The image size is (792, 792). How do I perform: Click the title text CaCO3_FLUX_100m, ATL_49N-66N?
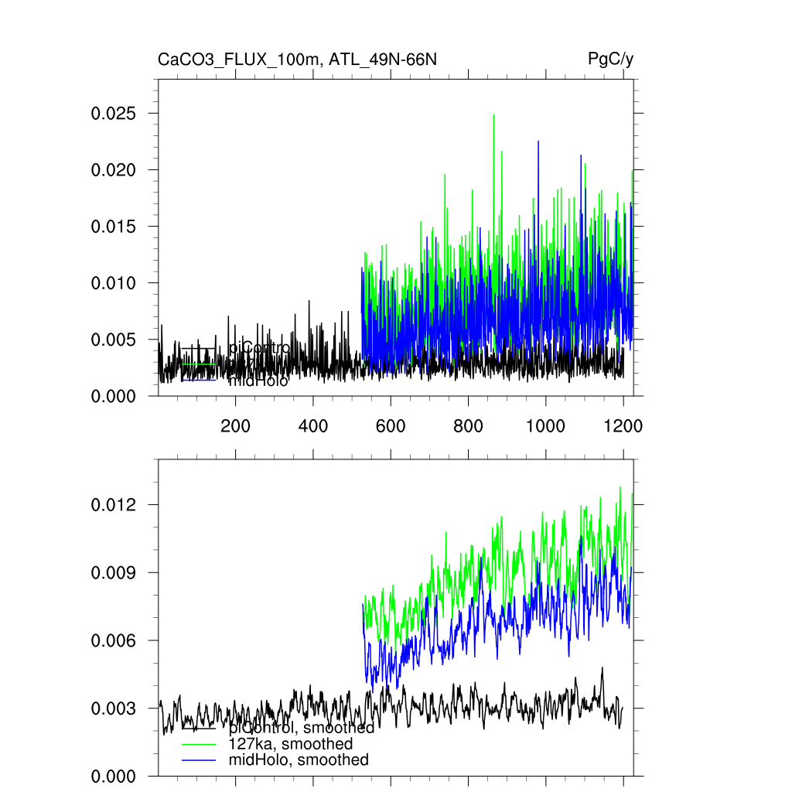(x=297, y=60)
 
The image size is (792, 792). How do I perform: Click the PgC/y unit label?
(x=610, y=60)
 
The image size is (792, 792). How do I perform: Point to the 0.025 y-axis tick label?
(x=114, y=114)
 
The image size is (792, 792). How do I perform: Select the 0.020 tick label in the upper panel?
(x=114, y=170)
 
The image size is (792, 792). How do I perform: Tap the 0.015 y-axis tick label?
(x=114, y=227)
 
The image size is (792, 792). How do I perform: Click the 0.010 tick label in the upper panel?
(x=114, y=283)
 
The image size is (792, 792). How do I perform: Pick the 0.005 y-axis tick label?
(x=114, y=340)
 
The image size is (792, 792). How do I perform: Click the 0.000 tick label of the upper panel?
(x=114, y=396)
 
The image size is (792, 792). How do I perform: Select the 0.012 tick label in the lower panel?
(x=114, y=505)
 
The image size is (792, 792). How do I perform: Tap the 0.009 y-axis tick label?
(x=114, y=573)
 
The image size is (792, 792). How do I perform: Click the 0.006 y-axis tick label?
(x=114, y=640)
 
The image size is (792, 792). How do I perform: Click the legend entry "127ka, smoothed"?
(x=291, y=744)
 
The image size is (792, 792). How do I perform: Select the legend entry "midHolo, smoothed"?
(x=299, y=760)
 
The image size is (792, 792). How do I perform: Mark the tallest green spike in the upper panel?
(x=493, y=116)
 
